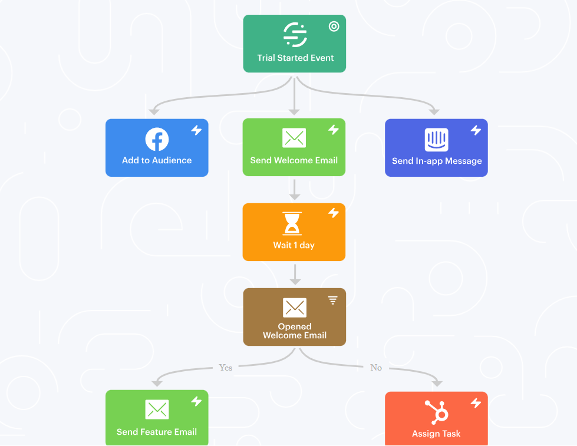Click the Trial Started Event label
tap(295, 58)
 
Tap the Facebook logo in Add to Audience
tap(157, 139)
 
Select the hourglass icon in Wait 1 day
tap(292, 223)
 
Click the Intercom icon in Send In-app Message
tap(436, 140)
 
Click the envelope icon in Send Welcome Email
tap(294, 138)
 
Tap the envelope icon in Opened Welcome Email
tap(294, 308)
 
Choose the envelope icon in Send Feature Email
tap(157, 409)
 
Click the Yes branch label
tap(226, 368)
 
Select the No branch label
tap(376, 368)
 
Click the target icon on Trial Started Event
tap(334, 27)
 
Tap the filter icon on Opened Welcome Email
tap(332, 300)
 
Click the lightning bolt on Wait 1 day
tap(334, 213)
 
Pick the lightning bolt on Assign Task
tap(476, 403)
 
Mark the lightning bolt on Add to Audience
tap(196, 130)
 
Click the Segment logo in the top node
tap(295, 35)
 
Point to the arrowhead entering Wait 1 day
tap(294, 197)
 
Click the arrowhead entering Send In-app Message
tap(434, 111)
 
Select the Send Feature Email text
tap(157, 432)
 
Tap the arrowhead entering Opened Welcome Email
tap(295, 282)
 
